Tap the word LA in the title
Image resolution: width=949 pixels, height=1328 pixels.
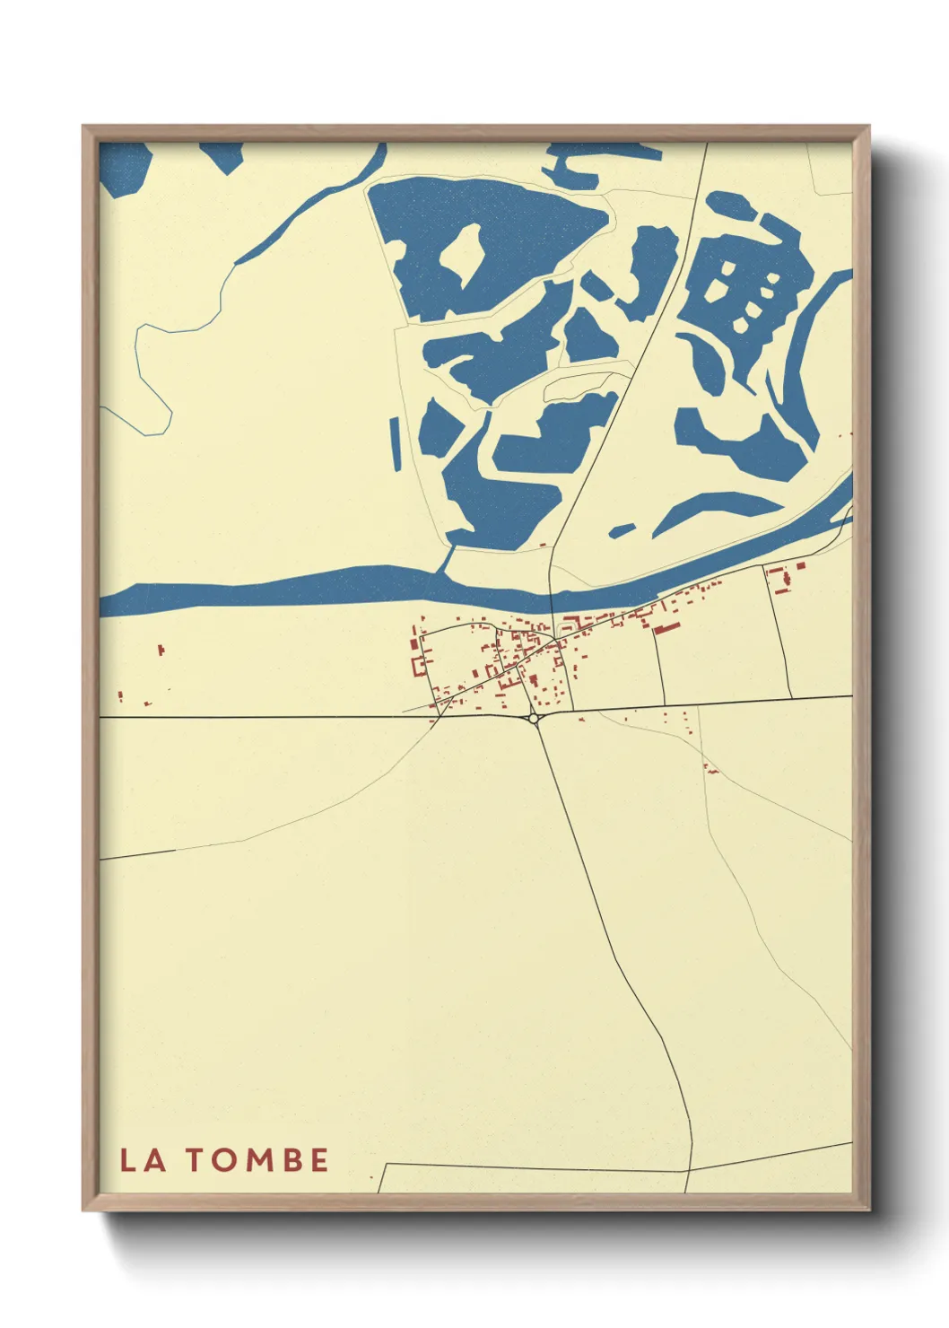(x=143, y=1160)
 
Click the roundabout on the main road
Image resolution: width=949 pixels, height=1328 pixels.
(x=534, y=718)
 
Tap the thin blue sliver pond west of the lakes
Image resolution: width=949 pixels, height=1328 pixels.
(x=396, y=444)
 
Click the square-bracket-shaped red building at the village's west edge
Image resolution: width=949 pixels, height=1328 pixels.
(x=415, y=654)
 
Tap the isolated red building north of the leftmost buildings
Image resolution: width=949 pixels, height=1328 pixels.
(x=161, y=648)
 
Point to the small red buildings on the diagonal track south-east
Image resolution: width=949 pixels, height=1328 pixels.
(x=710, y=768)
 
